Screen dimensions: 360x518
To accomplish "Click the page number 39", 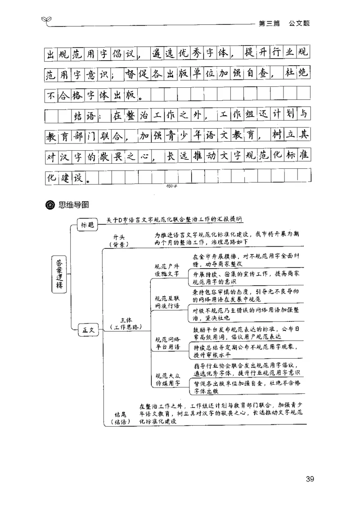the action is pyautogui.click(x=310, y=479).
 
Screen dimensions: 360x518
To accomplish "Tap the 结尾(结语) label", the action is pyautogui.click(x=120, y=418).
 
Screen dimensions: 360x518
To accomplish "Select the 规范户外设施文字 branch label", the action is pyautogui.click(x=166, y=270).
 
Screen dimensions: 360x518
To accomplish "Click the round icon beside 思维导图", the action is pyautogui.click(x=50, y=206).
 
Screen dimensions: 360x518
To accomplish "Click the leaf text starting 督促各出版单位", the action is pyautogui.click(x=247, y=387).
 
